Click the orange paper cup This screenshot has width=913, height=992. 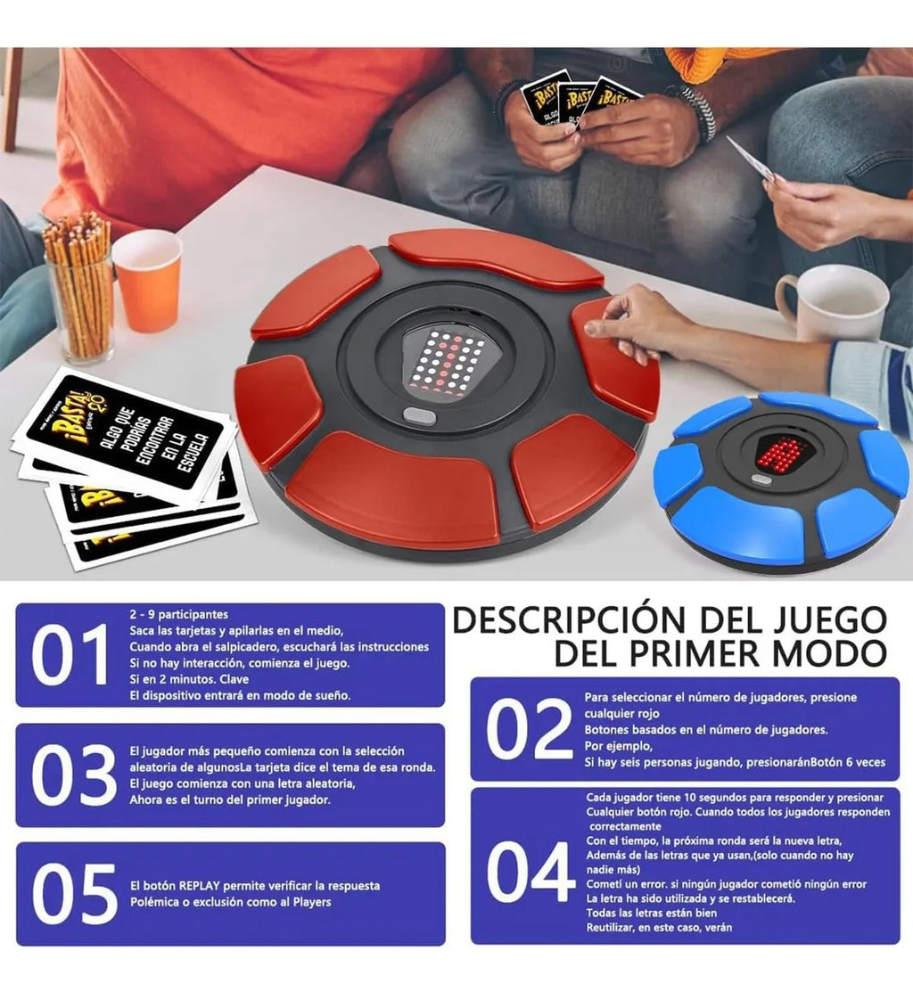click(x=147, y=281)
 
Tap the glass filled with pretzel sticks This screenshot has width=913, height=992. click(x=80, y=290)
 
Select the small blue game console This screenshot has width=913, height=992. click(x=781, y=477)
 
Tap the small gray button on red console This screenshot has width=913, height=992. click(x=419, y=415)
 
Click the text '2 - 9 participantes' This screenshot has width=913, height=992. click(x=178, y=614)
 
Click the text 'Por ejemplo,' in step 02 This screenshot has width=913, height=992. click(x=619, y=746)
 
